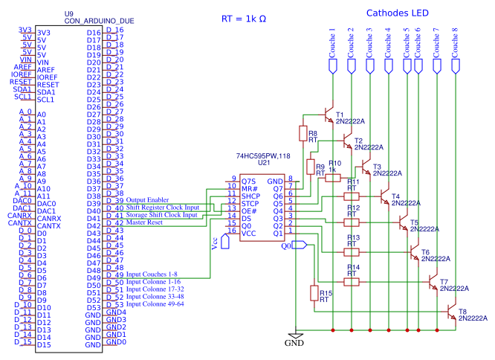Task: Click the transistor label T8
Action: (x=462, y=311)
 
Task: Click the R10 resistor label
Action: (x=334, y=163)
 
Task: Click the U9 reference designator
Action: (x=68, y=13)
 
